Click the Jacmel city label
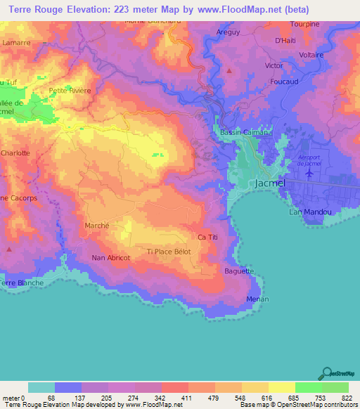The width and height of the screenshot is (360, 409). [268, 183]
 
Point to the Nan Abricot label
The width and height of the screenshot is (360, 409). [111, 258]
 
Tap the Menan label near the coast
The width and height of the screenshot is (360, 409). [257, 299]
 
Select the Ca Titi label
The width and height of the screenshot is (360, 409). [210, 238]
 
